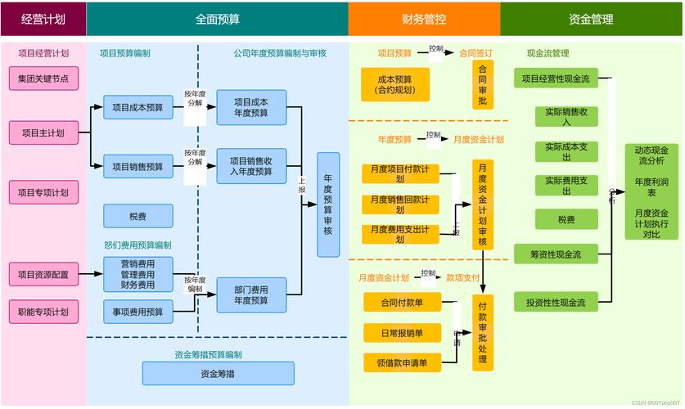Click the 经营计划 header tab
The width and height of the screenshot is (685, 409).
(43, 18)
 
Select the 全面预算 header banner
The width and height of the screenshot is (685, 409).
(217, 18)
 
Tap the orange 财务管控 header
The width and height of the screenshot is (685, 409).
(424, 18)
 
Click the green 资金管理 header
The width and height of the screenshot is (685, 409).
(591, 18)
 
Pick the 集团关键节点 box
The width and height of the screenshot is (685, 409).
(43, 79)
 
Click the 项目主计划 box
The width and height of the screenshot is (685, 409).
(43, 132)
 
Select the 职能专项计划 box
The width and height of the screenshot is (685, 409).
(43, 312)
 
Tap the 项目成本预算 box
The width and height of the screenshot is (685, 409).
(137, 107)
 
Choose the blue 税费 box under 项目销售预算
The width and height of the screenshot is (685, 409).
(137, 217)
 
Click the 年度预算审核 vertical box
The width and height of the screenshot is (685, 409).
(328, 204)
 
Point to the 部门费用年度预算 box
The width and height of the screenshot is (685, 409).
(250, 295)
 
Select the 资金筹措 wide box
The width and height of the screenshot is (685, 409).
(218, 374)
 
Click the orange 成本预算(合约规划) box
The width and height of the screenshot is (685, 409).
(395, 85)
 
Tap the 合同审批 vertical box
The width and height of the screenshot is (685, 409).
(483, 85)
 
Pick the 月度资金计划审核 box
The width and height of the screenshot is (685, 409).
(483, 204)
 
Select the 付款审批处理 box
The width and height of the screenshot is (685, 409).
(483, 334)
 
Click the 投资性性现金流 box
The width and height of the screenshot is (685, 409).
(555, 303)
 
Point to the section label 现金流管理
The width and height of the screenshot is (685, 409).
(548, 54)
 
